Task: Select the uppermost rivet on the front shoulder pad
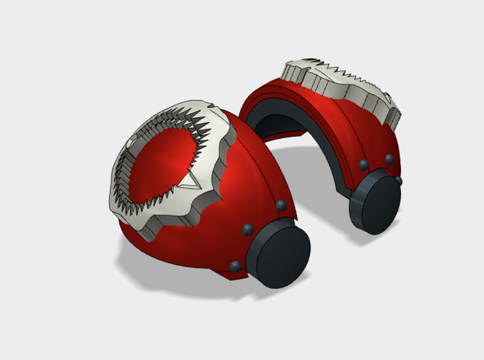click(x=280, y=205)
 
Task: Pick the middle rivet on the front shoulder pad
click(x=247, y=228)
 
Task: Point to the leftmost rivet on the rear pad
click(x=363, y=164)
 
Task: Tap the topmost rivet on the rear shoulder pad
click(x=389, y=158)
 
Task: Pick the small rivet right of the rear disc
click(x=399, y=180)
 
